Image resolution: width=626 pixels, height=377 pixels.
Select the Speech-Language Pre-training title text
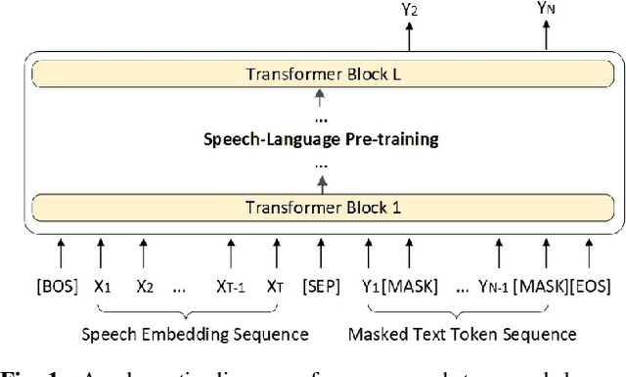pyautogui.click(x=320, y=140)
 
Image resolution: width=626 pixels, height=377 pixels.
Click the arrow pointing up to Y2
pyautogui.click(x=410, y=37)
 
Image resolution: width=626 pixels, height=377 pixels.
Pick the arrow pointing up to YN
pyautogui.click(x=547, y=37)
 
